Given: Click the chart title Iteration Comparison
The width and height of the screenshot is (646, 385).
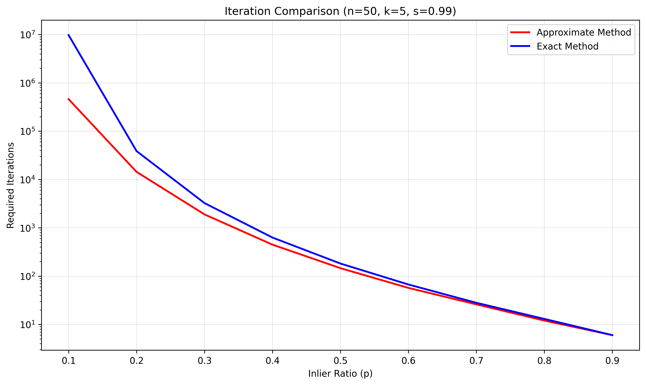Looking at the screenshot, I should tap(340, 11).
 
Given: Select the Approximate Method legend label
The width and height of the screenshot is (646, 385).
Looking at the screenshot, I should tap(583, 33).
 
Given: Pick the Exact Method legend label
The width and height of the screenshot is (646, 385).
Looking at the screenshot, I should tap(567, 47).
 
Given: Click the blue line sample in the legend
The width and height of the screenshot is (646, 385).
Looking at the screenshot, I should tap(520, 46).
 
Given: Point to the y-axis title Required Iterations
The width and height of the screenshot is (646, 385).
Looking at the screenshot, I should tap(11, 185).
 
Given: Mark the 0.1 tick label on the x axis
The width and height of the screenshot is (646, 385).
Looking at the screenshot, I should tap(69, 361).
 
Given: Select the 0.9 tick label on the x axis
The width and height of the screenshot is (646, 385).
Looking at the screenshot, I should tap(612, 361).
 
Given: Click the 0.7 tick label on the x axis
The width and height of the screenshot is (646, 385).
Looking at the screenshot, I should tap(476, 361).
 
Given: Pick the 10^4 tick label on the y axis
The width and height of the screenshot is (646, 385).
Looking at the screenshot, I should tap(27, 180).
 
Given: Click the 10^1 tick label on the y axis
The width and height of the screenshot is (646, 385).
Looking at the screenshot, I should tap(27, 325).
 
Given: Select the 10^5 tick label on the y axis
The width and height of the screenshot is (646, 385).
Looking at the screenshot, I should tap(27, 132).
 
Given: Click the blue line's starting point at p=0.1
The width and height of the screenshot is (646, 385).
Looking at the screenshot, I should tap(69, 35).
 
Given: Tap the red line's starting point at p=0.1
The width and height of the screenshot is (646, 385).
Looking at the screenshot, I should tap(69, 99).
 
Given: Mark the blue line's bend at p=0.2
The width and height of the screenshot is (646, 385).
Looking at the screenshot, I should tap(137, 151).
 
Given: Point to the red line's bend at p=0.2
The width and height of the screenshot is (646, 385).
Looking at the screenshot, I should tap(137, 172).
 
